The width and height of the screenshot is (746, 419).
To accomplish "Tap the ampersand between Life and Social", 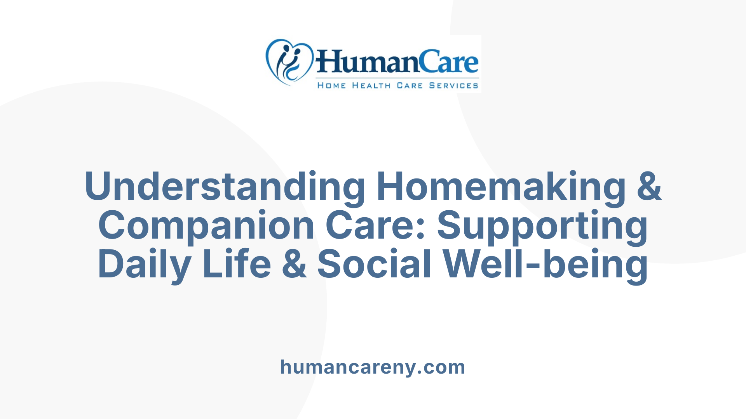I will pos(294,265).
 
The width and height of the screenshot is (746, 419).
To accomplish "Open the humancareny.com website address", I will pos(373,367).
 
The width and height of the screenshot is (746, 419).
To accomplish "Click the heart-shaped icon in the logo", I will pos(289,61).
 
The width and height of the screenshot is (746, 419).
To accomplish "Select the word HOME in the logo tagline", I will pos(331,85).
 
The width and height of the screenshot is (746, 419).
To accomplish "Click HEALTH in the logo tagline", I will pos(371,85).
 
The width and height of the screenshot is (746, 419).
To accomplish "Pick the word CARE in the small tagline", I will pos(410,85).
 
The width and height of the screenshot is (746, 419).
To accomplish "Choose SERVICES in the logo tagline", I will pos(453,85).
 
